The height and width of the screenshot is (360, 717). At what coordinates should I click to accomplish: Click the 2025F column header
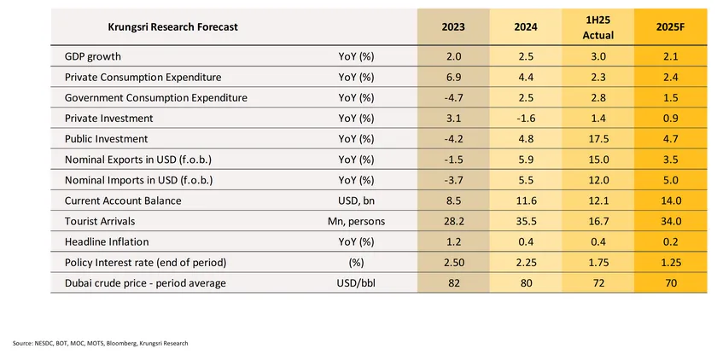(670, 27)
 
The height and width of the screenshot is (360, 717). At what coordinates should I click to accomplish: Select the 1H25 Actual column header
(597, 27)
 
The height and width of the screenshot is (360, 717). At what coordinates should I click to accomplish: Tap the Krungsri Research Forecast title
(172, 27)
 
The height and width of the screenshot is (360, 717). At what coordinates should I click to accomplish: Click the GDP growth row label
(93, 56)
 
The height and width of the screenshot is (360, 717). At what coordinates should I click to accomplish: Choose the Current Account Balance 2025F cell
(670, 201)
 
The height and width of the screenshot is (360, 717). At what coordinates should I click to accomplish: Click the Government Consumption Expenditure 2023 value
(453, 98)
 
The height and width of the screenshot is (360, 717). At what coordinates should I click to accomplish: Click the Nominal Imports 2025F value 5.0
(670, 181)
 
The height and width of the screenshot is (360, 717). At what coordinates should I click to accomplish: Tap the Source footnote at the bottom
(100, 343)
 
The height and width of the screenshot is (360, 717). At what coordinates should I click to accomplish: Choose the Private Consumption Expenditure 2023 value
(453, 77)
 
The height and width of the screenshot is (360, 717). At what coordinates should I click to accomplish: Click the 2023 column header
(453, 27)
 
